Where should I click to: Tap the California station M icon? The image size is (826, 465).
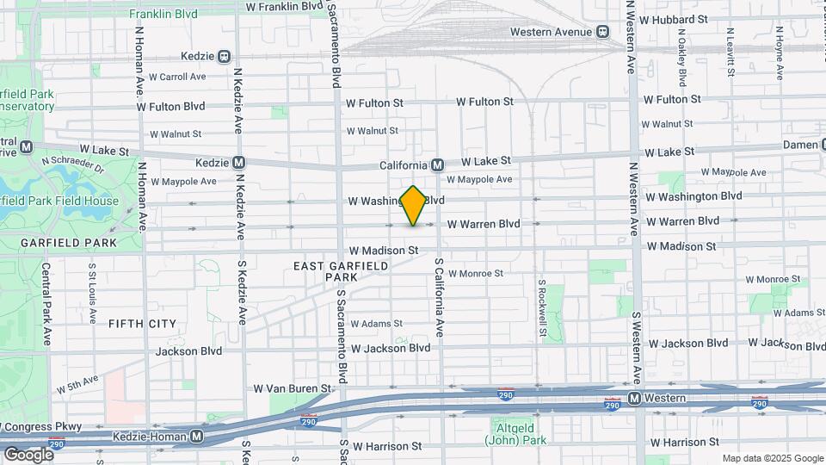click(437, 164)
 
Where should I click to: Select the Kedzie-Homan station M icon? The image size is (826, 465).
click(196, 437)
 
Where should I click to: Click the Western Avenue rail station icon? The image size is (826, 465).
click(604, 32)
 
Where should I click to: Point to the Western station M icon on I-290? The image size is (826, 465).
click(634, 398)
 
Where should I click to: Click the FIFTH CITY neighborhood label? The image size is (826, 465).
click(142, 324)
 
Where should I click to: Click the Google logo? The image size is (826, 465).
click(28, 454)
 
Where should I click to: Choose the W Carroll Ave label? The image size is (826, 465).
click(177, 77)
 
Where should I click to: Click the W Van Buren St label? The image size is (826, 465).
click(293, 388)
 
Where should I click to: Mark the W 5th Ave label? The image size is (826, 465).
click(77, 383)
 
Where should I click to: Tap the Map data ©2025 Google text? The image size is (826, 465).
click(772, 458)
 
